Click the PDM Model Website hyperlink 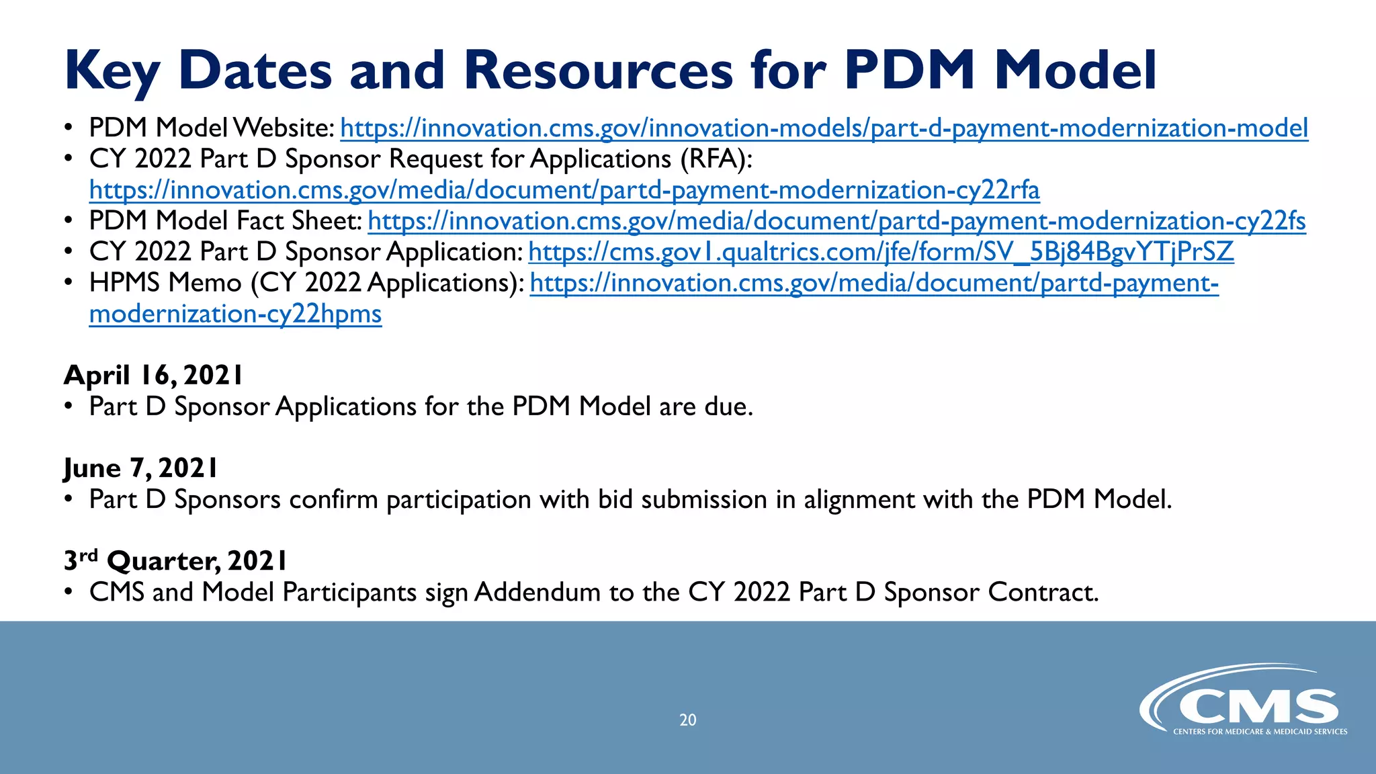coord(824,128)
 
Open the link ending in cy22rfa coord(564,190)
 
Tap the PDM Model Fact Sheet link coord(836,221)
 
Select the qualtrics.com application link coord(881,252)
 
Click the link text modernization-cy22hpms coord(235,314)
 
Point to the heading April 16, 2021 coord(153,375)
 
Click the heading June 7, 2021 coord(141,468)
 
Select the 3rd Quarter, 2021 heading coord(175,560)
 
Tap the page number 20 coord(687,720)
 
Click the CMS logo coord(1243,702)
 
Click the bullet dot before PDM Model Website coord(69,128)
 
